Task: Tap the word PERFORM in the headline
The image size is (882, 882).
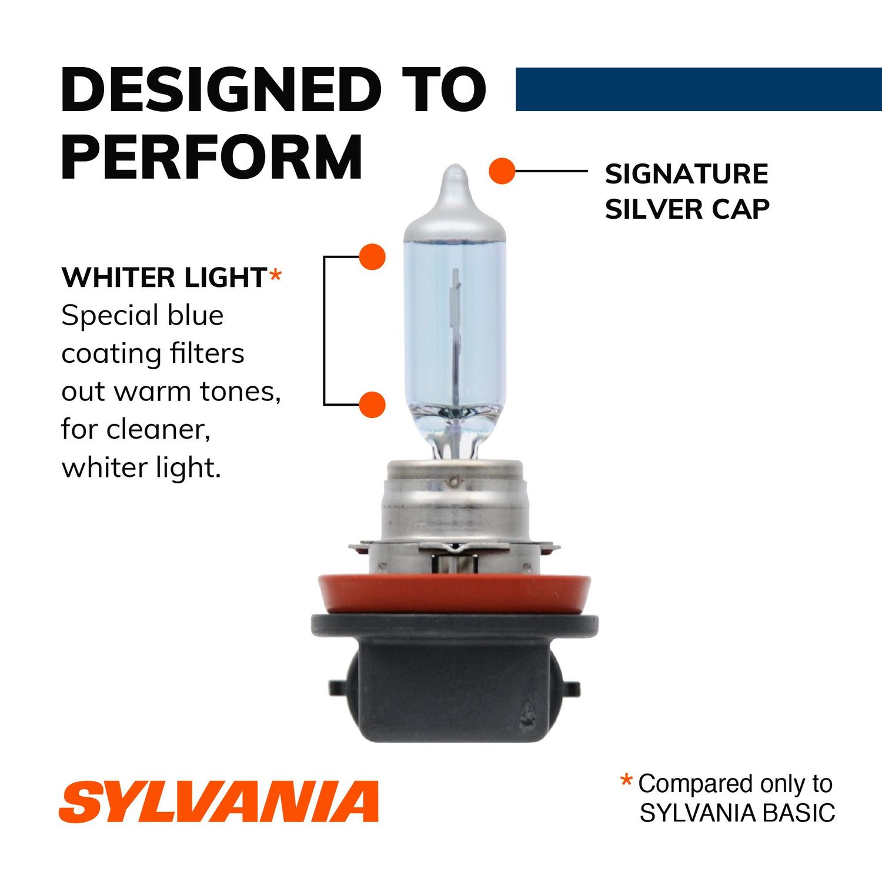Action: click(x=212, y=157)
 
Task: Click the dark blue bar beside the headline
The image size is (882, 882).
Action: click(x=698, y=89)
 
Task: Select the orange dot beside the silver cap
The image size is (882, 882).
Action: click(x=502, y=171)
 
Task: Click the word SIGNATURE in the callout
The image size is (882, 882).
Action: click(x=686, y=174)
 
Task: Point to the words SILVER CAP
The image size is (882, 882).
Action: click(x=687, y=209)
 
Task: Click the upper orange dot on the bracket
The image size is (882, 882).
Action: click(x=372, y=257)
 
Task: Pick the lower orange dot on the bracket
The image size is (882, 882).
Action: click(x=372, y=405)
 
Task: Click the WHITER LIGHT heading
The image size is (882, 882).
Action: click(x=164, y=278)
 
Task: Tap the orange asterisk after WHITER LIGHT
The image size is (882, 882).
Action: click(x=275, y=275)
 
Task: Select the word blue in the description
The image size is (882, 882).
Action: click(x=195, y=316)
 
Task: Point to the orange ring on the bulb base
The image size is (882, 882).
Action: click(x=454, y=594)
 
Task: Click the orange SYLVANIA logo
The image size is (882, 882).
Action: click(x=219, y=802)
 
